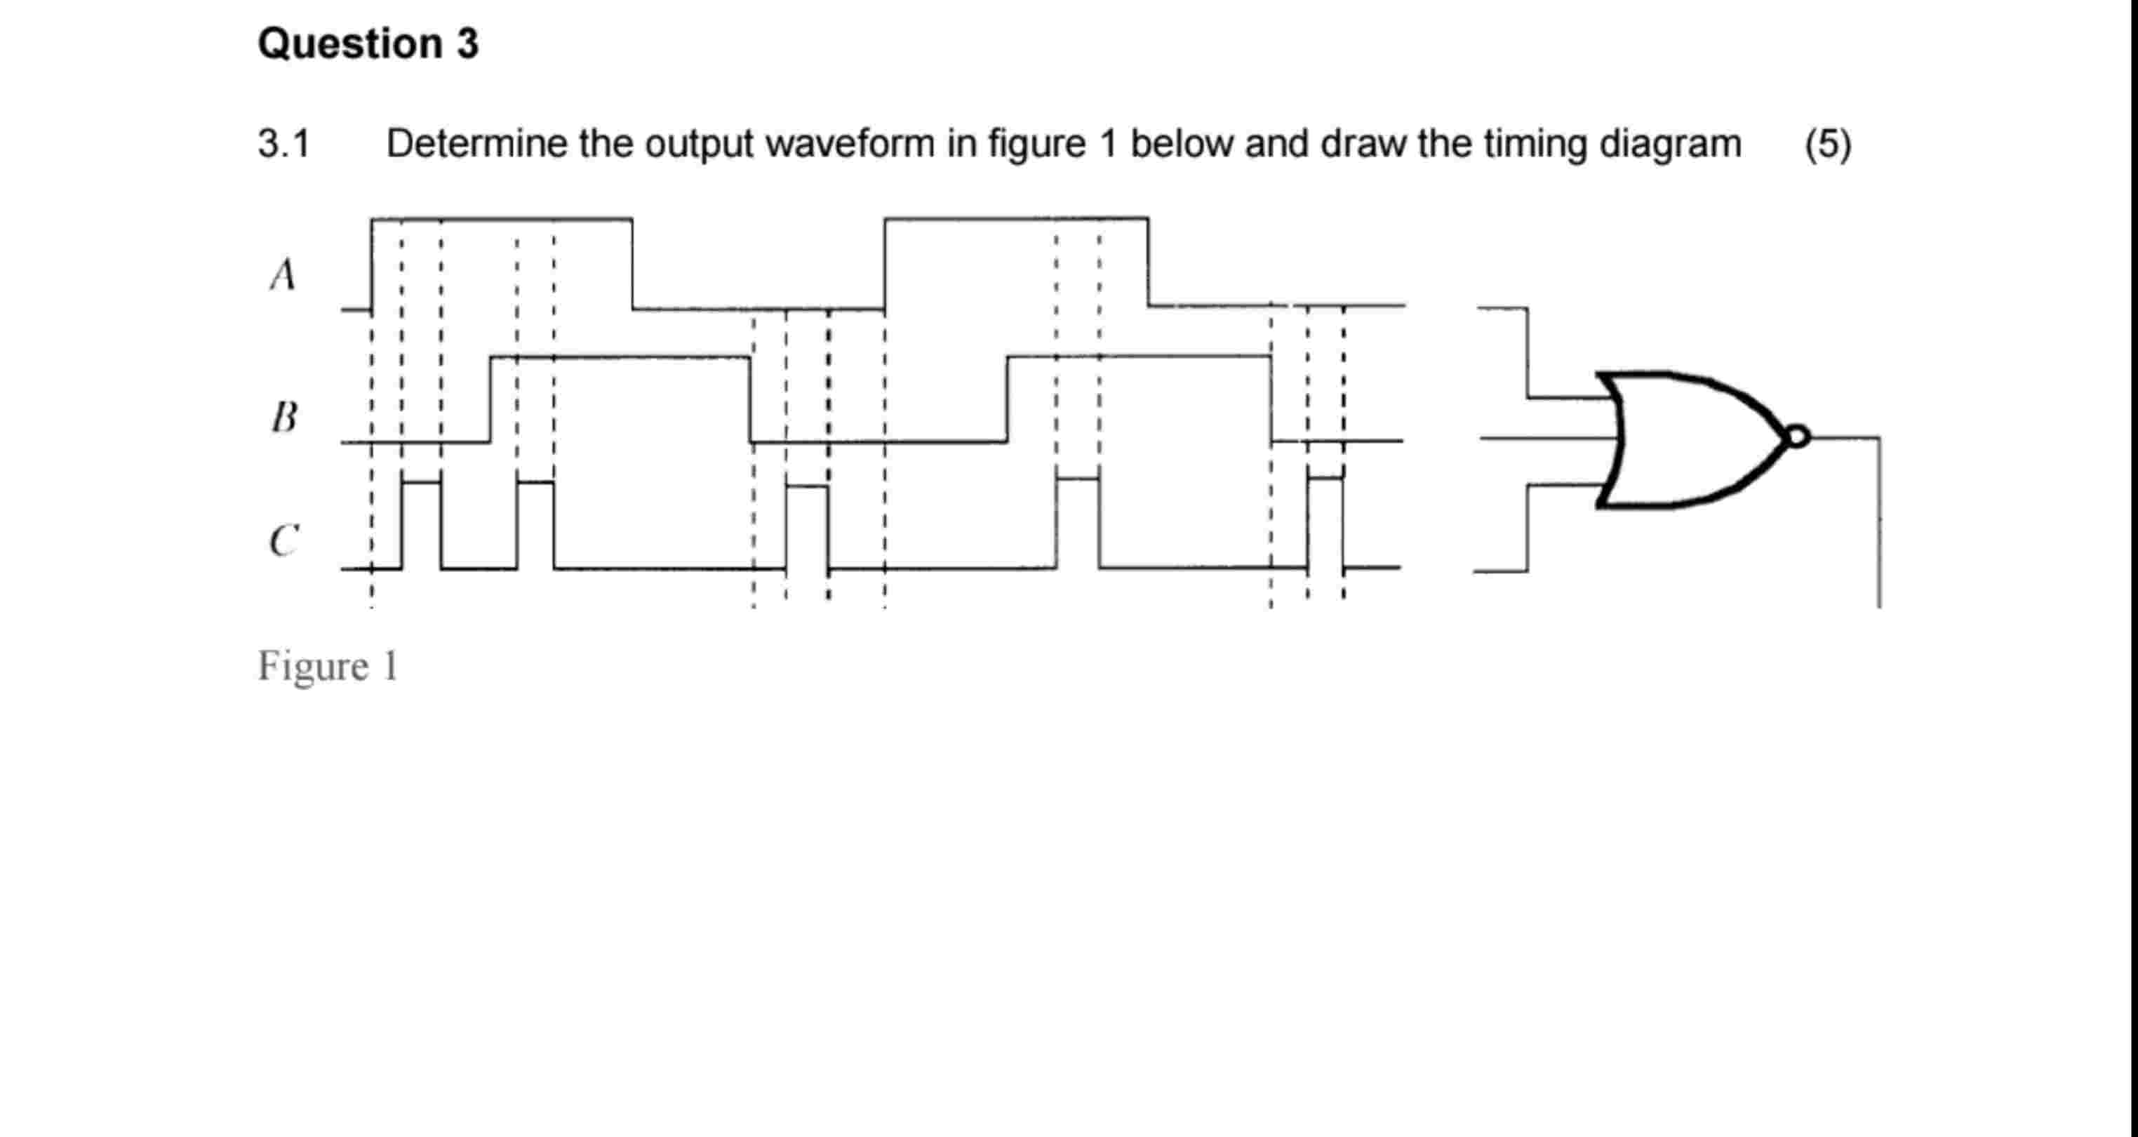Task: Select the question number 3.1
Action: pos(283,145)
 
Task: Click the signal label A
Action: pos(283,274)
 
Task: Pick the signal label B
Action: pos(284,417)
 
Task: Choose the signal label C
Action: pos(284,541)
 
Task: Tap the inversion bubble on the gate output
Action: pos(1797,437)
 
